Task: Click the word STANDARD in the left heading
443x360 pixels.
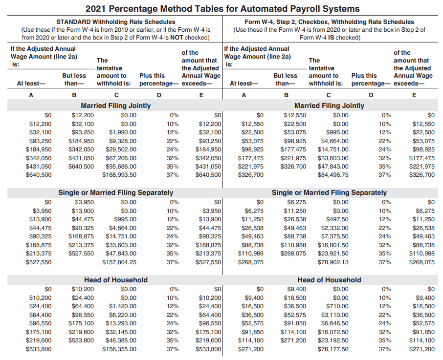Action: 73,21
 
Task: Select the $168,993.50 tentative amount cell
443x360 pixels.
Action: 119,175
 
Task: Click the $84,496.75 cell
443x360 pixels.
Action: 333,175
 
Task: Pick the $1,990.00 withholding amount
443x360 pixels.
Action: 123,132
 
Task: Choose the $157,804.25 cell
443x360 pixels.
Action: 119,262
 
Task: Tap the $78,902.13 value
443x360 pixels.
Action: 333,262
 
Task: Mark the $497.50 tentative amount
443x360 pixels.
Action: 337,219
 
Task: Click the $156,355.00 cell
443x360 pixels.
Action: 119,349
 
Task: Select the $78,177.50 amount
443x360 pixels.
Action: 333,349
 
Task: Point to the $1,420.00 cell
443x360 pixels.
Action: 123,306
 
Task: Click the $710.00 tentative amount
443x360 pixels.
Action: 337,306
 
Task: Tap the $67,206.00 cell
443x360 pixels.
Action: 121,158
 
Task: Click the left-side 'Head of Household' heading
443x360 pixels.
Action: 116,280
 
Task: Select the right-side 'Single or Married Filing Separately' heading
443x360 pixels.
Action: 329,192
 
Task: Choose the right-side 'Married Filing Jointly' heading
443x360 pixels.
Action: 329,106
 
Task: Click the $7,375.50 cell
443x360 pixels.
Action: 334,236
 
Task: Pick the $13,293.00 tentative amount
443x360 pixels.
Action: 121,323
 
